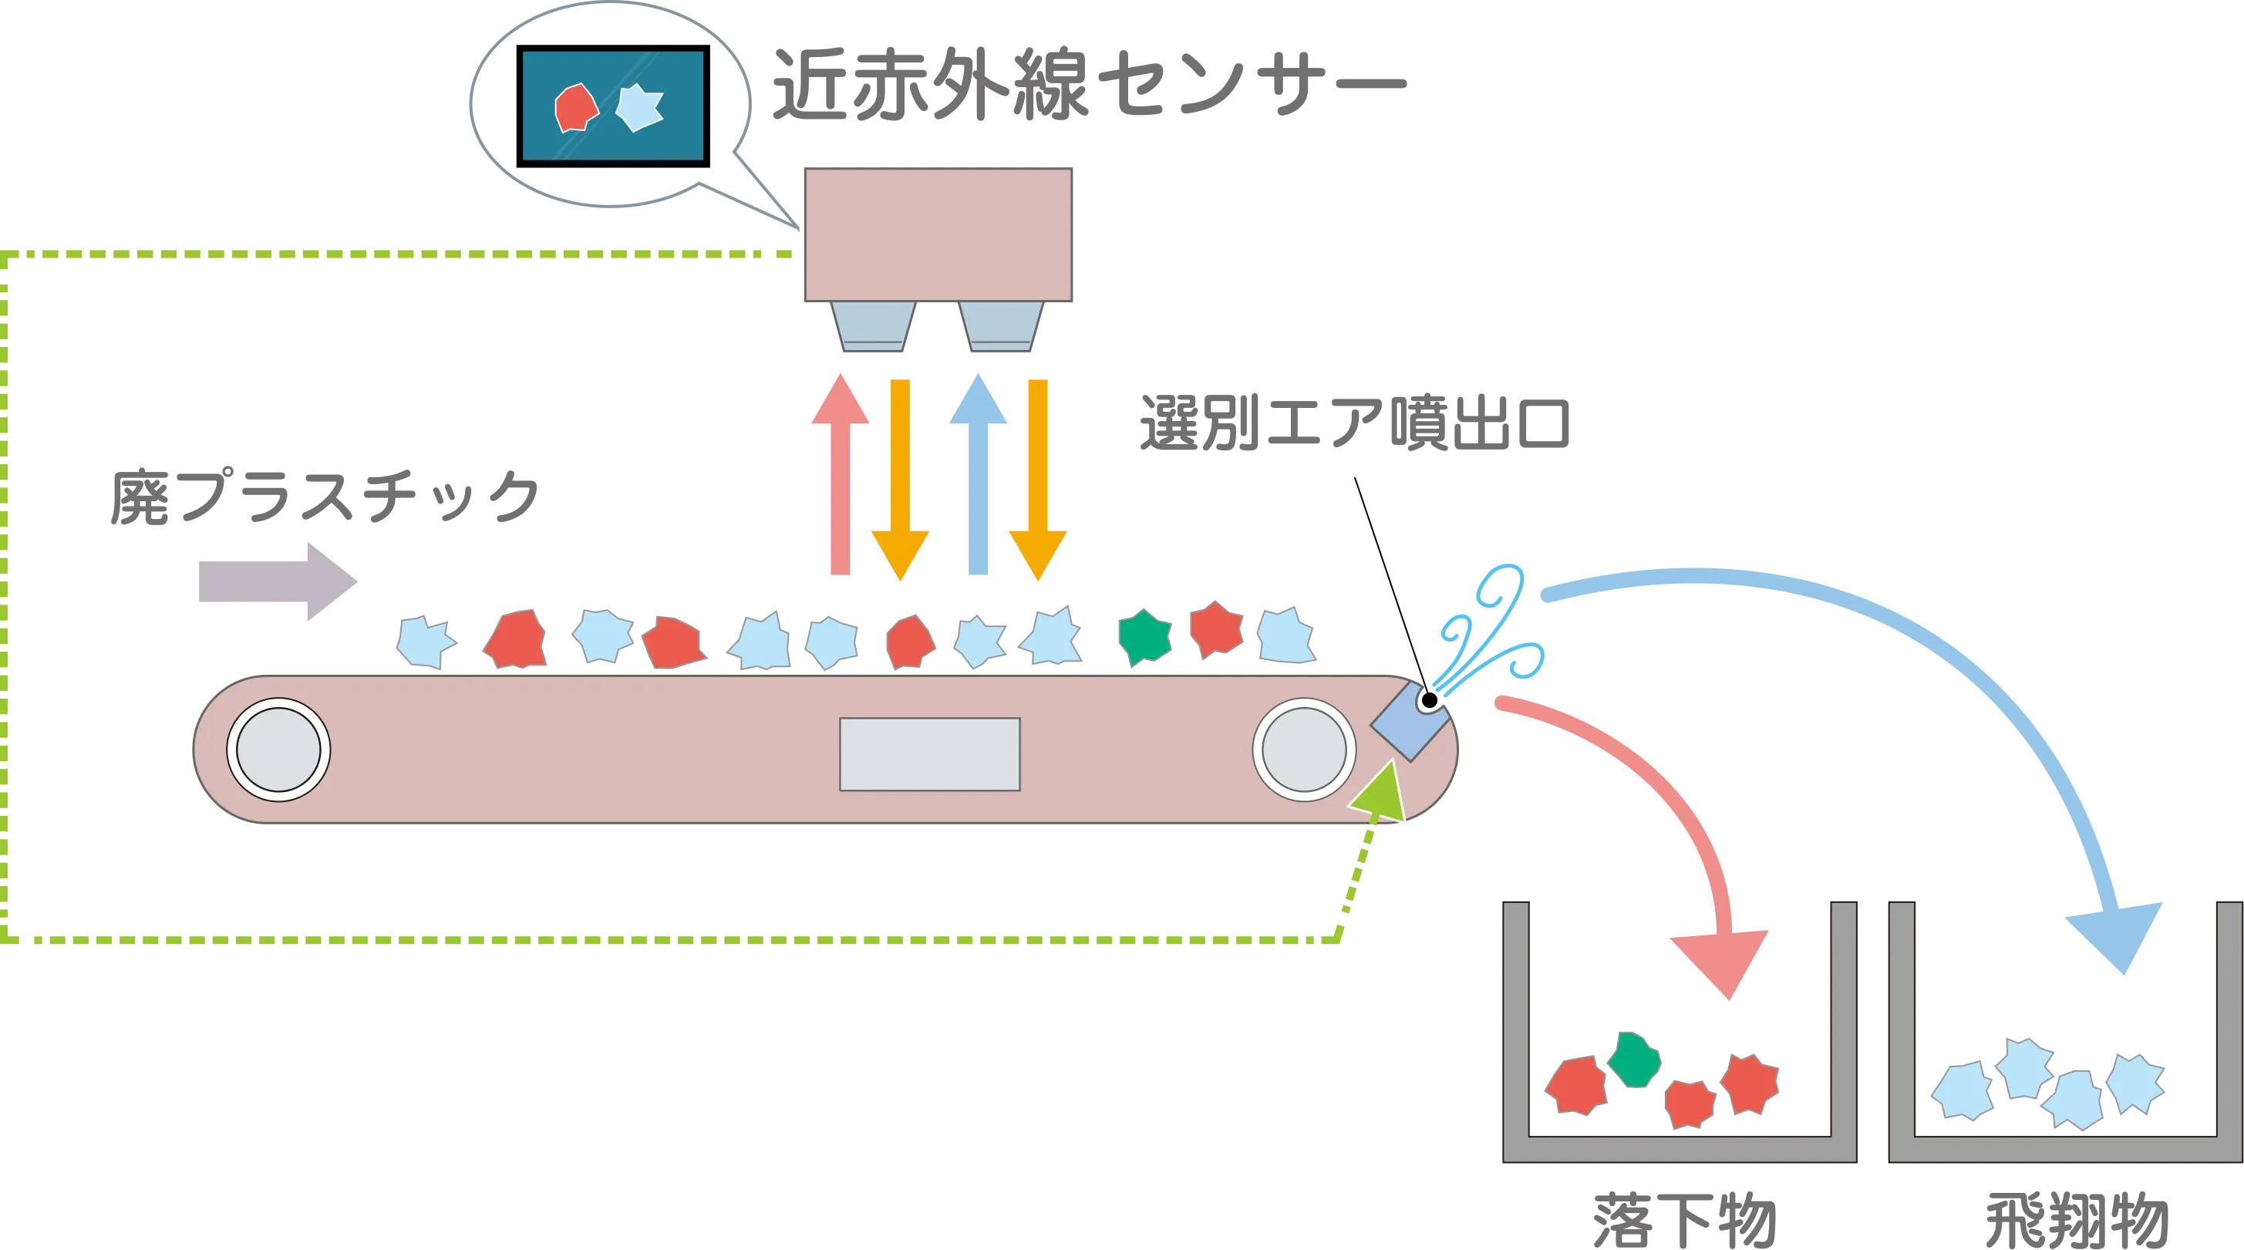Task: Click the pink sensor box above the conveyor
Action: coord(938,234)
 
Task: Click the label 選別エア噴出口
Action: coord(1355,424)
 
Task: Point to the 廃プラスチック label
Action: coord(327,497)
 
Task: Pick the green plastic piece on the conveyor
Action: coord(1144,638)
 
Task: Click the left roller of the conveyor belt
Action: coord(278,749)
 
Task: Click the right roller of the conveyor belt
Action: coord(1303,749)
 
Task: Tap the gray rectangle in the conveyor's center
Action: coord(929,754)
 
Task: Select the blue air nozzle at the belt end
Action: coord(1408,720)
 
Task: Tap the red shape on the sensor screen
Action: coord(576,108)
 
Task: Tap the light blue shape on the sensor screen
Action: coord(639,107)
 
